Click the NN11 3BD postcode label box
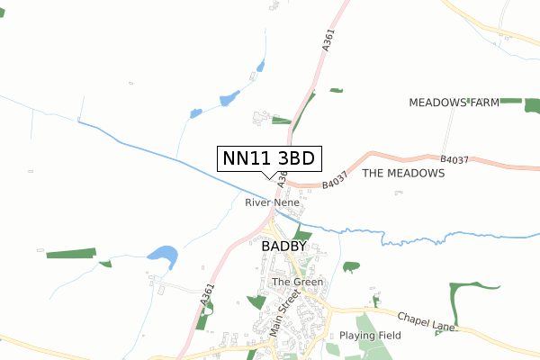(x=269, y=158)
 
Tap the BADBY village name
(x=283, y=245)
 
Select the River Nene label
(x=272, y=203)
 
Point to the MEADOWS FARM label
(x=454, y=103)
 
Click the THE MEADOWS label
(x=403, y=173)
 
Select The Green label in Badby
(x=297, y=282)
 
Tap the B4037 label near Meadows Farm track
(x=454, y=160)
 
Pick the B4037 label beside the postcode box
(x=334, y=184)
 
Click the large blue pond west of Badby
(x=163, y=256)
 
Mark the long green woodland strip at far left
(x=70, y=254)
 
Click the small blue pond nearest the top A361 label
(x=260, y=66)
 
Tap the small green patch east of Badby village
(x=351, y=266)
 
